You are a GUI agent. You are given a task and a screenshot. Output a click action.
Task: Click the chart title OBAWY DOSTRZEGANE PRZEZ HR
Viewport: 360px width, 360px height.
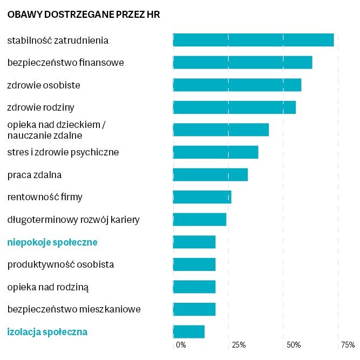tap(84, 15)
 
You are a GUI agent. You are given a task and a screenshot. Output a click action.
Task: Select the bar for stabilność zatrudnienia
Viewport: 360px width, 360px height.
tap(253, 40)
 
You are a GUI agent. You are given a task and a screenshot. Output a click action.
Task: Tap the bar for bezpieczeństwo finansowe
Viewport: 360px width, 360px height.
tap(242, 63)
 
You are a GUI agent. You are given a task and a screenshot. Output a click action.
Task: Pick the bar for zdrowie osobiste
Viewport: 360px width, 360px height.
tap(237, 85)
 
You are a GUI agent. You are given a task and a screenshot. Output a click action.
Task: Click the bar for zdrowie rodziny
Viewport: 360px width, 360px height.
tap(234, 107)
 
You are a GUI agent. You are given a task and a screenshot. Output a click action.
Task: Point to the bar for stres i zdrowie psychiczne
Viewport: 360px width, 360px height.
tap(215, 152)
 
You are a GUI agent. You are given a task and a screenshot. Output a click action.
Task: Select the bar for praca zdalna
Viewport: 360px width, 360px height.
tap(210, 175)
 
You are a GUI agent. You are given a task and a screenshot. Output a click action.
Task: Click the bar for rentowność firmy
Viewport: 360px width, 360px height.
tap(202, 197)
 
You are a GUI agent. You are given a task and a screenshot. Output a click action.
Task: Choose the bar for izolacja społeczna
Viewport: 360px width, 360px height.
tap(188, 332)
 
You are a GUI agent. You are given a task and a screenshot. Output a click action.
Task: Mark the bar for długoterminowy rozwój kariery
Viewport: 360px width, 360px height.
tap(199, 220)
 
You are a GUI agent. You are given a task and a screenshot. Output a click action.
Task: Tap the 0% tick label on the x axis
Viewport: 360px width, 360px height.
tap(181, 344)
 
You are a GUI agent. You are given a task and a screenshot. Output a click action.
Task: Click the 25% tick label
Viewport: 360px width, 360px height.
tap(239, 344)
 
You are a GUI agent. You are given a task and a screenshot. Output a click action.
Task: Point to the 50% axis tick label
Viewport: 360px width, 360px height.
tap(294, 344)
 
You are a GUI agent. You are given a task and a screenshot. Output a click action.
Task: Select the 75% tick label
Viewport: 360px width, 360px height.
tap(348, 344)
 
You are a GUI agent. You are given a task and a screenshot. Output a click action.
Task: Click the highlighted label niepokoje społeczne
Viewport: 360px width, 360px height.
tap(52, 242)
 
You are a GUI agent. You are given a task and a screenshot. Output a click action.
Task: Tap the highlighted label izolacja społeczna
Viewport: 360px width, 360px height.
tap(47, 332)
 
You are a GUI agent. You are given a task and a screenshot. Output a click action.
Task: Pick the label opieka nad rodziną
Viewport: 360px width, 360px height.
tap(48, 287)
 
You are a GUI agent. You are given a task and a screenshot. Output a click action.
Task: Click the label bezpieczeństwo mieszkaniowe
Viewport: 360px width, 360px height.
tap(74, 309)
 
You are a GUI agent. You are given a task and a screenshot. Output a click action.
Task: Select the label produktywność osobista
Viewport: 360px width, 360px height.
tap(60, 264)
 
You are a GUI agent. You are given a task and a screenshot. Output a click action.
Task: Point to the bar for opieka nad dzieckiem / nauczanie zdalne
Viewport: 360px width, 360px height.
tap(221, 130)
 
